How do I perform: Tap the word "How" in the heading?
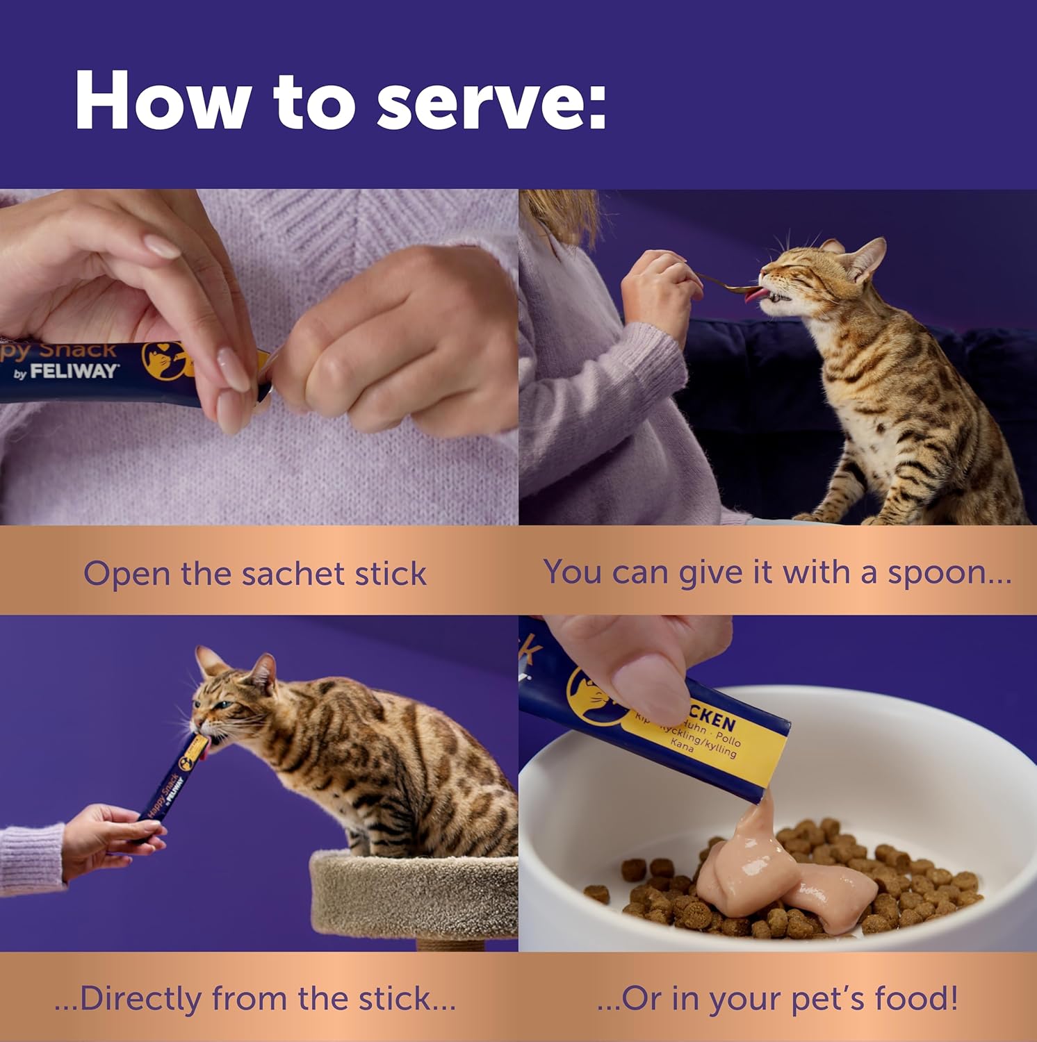tap(161, 101)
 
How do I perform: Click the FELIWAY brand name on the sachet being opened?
tap(74, 372)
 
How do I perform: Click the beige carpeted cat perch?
tap(414, 896)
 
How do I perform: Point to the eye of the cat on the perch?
tap(221, 704)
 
